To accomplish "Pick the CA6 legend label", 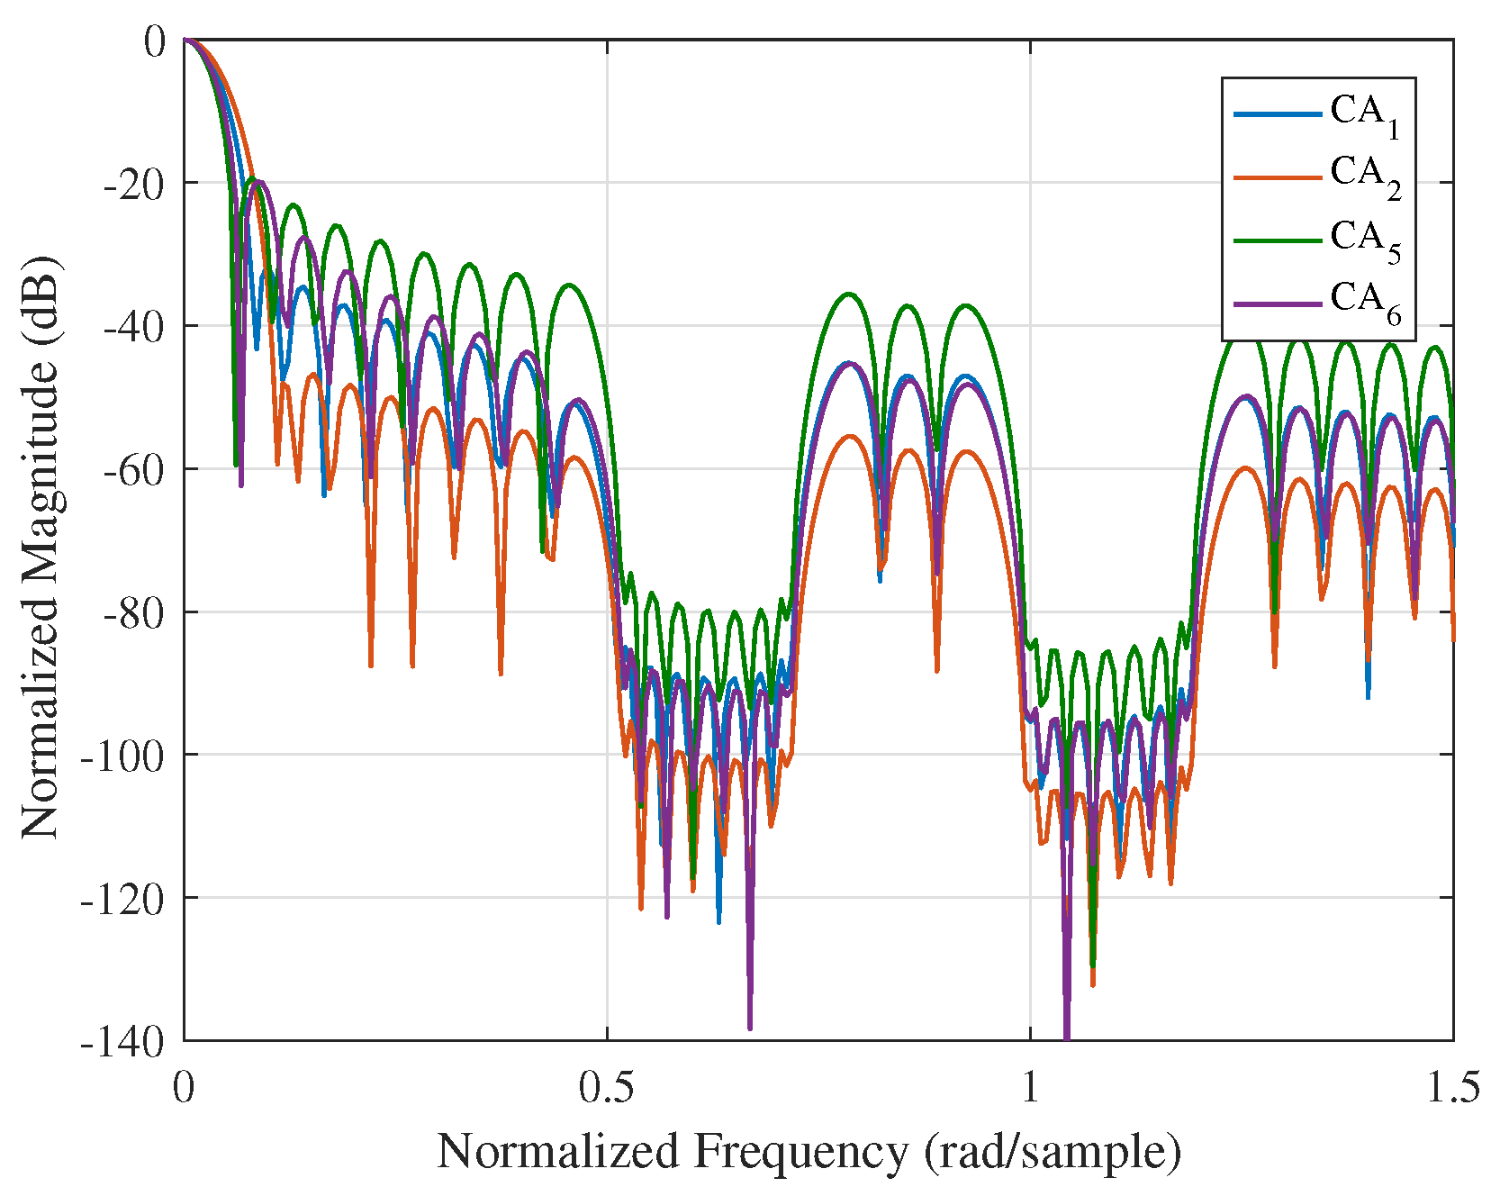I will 1365,303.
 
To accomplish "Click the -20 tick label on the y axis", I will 133,184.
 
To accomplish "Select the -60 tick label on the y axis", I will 133,469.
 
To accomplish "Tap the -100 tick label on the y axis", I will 122,755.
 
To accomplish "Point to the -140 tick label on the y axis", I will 122,1042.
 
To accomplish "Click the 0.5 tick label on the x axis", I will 607,1089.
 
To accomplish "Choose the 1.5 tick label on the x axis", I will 1452,1089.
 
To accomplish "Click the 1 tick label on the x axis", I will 1030,1089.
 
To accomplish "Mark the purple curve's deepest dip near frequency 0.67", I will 750,1027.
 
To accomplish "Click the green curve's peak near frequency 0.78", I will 848,294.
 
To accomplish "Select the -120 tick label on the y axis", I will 122,899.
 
